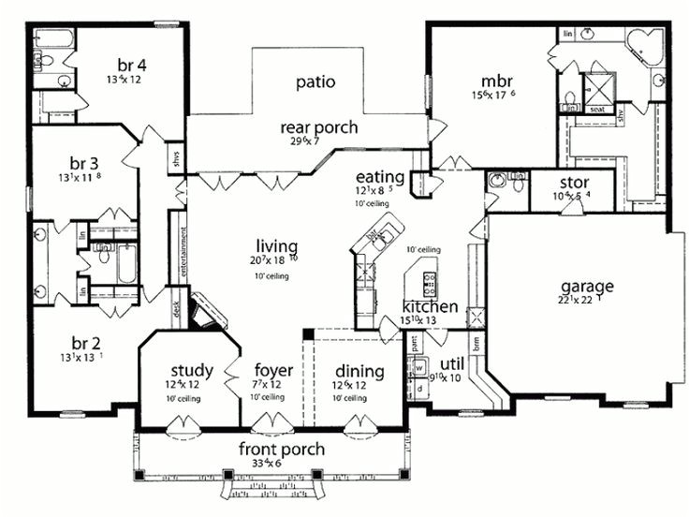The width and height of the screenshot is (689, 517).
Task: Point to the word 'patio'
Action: [315, 81]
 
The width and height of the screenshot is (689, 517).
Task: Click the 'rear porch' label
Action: [318, 127]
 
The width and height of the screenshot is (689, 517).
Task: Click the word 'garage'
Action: [586, 285]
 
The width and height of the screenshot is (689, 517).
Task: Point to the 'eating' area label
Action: [379, 176]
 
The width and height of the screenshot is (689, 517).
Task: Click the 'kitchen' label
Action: [430, 306]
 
